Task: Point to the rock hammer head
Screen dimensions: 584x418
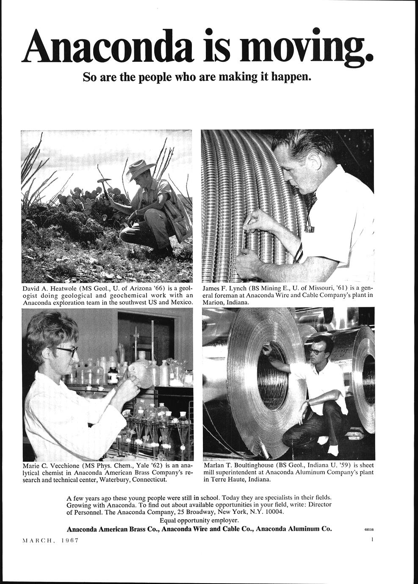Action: [x=104, y=181]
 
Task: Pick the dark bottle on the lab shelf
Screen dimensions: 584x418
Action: [x=113, y=375]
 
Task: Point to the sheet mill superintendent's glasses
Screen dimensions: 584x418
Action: [x=317, y=351]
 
